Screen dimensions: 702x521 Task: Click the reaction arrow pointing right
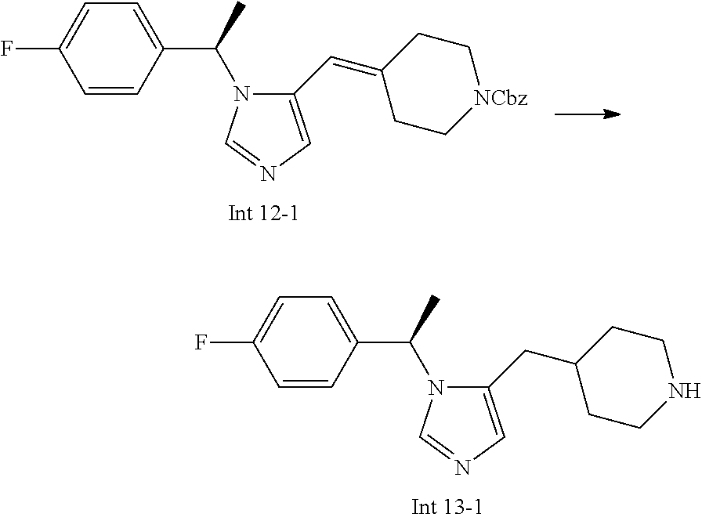click(x=587, y=114)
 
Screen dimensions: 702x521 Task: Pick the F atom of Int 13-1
click(x=202, y=342)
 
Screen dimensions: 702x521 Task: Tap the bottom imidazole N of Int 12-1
click(x=268, y=172)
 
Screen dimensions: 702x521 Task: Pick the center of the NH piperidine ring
click(x=625, y=378)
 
